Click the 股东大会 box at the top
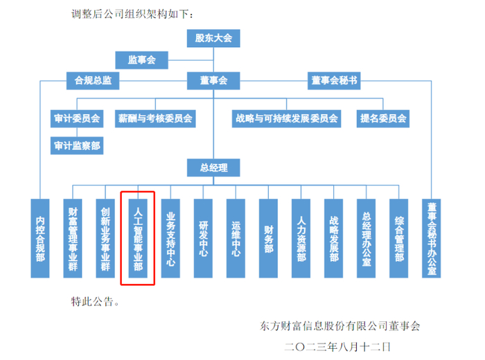(x=213, y=38)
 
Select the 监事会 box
(x=141, y=60)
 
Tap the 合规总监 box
(x=93, y=80)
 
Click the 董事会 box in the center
(x=213, y=80)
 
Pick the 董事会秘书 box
(x=334, y=80)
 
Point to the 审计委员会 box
(x=77, y=118)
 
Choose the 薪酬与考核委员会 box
(x=155, y=118)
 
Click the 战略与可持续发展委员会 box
(x=286, y=118)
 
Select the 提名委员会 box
(x=383, y=118)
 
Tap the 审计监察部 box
(x=77, y=145)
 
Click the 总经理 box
(x=213, y=168)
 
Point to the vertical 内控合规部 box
(x=40, y=239)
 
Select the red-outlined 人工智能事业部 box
(x=138, y=239)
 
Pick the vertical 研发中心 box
(x=203, y=239)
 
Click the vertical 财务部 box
(x=269, y=239)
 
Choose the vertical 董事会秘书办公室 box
(x=432, y=239)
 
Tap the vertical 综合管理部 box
(x=398, y=239)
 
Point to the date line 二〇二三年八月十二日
(x=337, y=347)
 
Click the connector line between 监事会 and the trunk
(x=191, y=60)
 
